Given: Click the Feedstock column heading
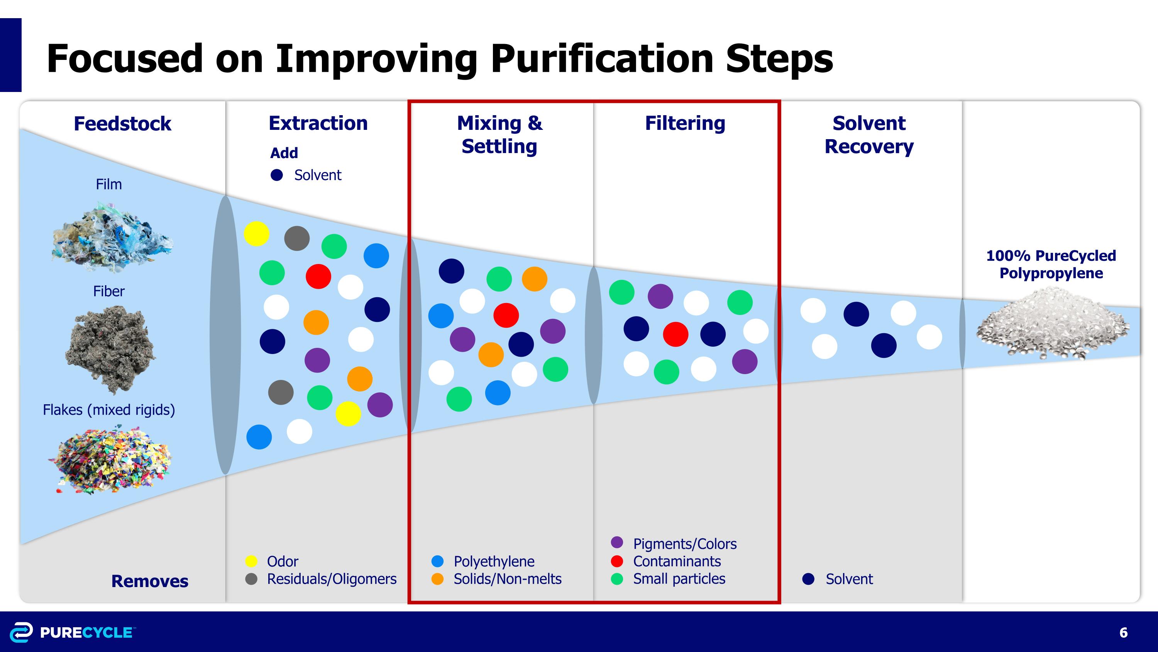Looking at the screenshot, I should tap(122, 124).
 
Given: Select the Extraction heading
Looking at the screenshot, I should tap(318, 123).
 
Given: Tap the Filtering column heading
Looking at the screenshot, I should tap(685, 123).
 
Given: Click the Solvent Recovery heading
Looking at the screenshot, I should tap(868, 134).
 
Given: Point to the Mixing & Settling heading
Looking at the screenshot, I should tap(499, 134).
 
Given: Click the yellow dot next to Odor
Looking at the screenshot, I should tap(251, 561).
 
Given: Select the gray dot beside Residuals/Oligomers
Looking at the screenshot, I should tap(251, 579).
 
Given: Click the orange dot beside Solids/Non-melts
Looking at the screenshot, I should tap(437, 579).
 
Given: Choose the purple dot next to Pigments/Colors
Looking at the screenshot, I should tap(617, 542).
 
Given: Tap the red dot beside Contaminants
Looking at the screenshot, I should tap(617, 561).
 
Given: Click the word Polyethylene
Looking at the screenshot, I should tap(494, 562).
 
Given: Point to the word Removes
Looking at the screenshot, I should tap(150, 581).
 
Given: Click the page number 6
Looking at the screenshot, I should tap(1123, 633).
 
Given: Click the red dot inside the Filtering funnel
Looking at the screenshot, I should tap(675, 334).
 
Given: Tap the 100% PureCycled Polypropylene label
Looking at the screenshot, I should tap(1051, 264).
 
